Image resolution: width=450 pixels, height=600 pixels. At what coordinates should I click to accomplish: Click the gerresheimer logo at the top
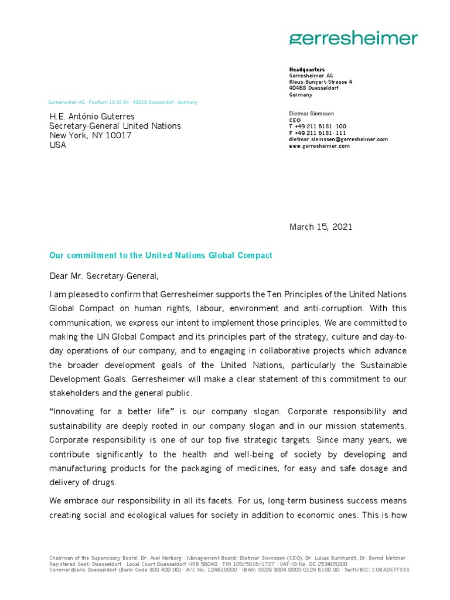click(353, 39)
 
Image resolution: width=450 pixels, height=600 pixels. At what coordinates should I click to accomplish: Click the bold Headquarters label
click(306, 70)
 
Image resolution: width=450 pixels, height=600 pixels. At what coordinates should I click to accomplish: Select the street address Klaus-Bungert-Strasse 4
click(321, 82)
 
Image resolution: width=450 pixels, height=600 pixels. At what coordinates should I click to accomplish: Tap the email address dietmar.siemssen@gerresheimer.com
click(338, 139)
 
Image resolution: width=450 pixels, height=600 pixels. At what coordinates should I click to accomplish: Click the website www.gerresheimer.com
click(319, 146)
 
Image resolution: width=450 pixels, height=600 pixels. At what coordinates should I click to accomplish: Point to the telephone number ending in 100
click(318, 127)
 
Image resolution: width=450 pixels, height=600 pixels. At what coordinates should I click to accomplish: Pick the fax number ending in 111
click(318, 133)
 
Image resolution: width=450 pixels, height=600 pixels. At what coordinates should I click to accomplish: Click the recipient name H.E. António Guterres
click(92, 117)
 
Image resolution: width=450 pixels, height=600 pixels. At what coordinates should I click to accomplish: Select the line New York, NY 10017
click(90, 135)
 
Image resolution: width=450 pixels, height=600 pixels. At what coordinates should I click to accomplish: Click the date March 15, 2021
click(321, 227)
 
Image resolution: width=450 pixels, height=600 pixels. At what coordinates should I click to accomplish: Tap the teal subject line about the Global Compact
click(161, 255)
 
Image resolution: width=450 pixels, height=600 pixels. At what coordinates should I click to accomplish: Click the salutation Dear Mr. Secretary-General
click(104, 275)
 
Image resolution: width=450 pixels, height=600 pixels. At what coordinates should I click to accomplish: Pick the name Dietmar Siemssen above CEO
click(311, 113)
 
